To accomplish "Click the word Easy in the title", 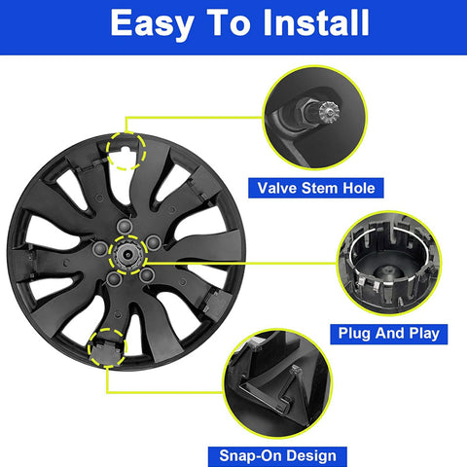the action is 152,24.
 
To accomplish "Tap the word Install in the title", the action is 316,22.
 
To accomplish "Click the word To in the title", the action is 229,22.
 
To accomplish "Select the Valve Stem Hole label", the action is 316,188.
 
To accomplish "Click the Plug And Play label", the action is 389,334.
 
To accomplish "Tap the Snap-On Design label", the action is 277,456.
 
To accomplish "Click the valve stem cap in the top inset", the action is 329,112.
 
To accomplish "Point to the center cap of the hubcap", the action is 127,255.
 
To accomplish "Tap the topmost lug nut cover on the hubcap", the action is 125,227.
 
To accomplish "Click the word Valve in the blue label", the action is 277,188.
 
